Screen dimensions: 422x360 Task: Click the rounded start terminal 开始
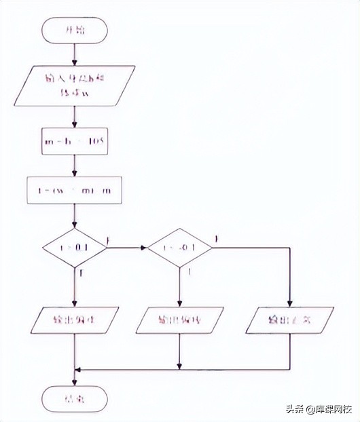pos(75,30)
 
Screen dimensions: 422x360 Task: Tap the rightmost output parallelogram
pos(289,320)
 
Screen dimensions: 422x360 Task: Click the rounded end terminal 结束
pos(75,398)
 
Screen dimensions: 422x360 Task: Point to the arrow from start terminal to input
pos(75,53)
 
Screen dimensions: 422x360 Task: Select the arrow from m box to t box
pos(75,166)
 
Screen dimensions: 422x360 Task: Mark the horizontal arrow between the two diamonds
pos(128,248)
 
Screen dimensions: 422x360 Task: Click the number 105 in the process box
pos(96,142)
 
